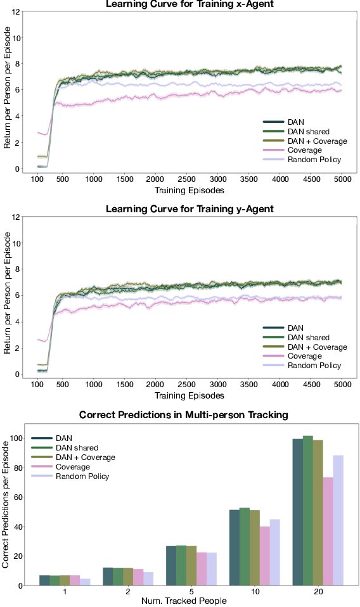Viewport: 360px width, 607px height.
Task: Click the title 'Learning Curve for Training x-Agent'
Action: click(183, 4)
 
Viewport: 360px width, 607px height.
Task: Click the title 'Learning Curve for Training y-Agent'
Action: click(183, 208)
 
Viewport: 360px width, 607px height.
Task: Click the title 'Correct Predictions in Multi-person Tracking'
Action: click(183, 414)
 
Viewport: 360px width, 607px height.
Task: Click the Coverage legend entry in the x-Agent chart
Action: click(300, 151)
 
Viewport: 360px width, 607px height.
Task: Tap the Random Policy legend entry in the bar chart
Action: click(82, 476)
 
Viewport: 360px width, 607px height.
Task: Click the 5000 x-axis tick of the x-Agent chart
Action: click(342, 180)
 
